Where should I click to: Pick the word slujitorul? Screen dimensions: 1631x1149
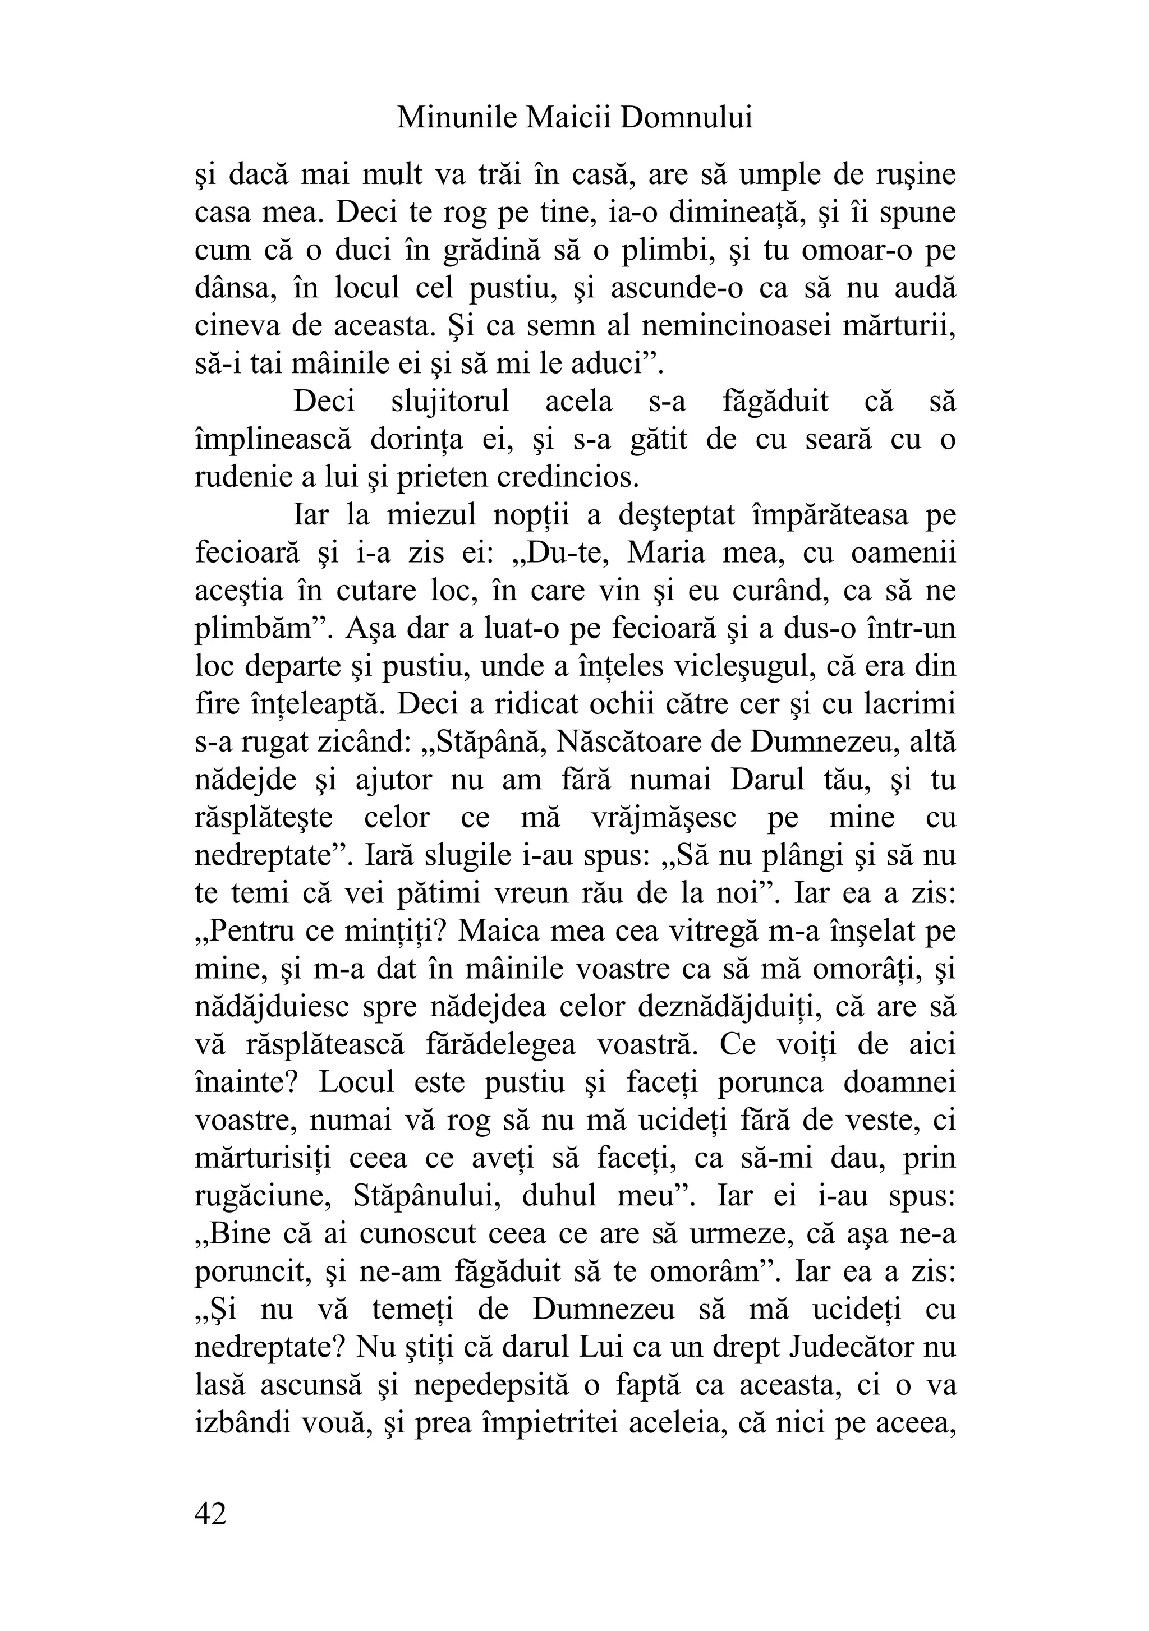451,402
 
